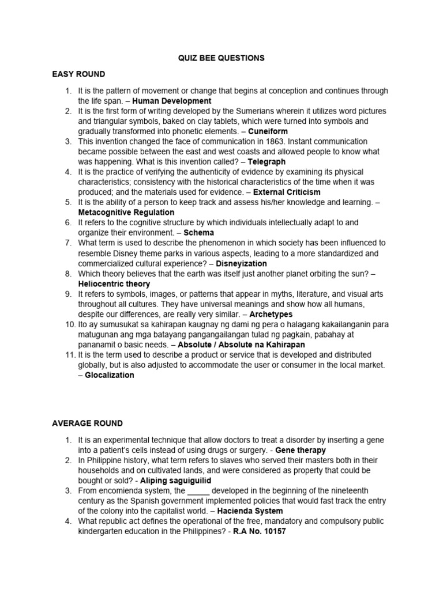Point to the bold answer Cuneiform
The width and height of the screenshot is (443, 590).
point(268,131)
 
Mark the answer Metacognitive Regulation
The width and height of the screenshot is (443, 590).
point(122,213)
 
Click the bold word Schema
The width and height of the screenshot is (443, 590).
point(199,233)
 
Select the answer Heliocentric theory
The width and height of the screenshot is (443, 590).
point(114,283)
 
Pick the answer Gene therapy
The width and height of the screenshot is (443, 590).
point(301,450)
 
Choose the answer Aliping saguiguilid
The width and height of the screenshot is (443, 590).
point(175,481)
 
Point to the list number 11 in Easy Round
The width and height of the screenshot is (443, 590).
point(69,354)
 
